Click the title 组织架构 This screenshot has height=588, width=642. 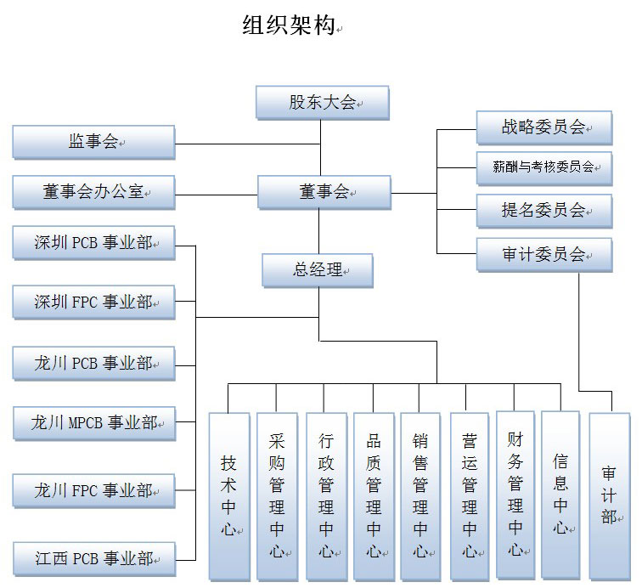(x=288, y=26)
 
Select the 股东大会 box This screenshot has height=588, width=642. (x=322, y=103)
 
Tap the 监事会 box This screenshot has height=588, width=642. (x=93, y=142)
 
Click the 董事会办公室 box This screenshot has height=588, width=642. (x=93, y=192)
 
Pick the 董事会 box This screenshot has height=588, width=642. (x=324, y=192)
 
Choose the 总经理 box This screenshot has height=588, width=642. (x=318, y=270)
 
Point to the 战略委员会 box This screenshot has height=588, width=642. (x=543, y=127)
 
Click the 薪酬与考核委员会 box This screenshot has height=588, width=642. (x=543, y=167)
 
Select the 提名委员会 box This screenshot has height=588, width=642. (x=543, y=211)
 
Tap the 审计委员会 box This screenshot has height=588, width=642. (x=543, y=254)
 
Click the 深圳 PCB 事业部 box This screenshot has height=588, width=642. (x=93, y=242)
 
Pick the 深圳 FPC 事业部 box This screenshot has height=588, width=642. (x=93, y=302)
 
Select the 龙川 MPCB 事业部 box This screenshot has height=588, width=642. (x=93, y=422)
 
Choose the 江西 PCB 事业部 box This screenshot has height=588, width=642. (x=93, y=558)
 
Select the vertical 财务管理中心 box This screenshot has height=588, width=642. (x=515, y=495)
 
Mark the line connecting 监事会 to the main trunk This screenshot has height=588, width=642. (x=246, y=143)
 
